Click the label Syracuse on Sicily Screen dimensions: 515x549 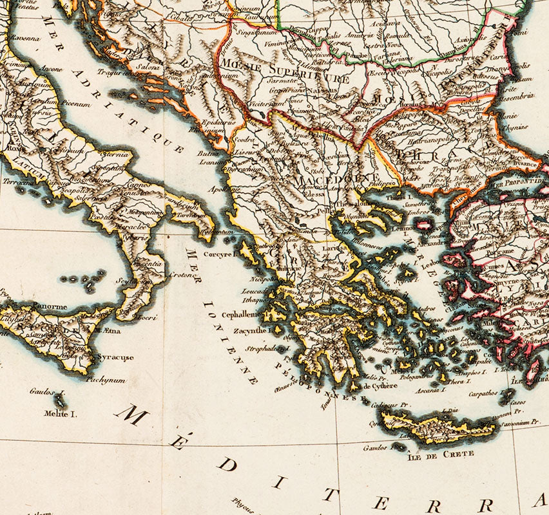pos(116,357)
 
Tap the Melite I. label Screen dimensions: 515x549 pos(61,414)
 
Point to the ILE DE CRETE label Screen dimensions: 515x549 pos(441,454)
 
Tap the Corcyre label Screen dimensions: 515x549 pos(221,254)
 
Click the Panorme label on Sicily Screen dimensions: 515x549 pos(47,306)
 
